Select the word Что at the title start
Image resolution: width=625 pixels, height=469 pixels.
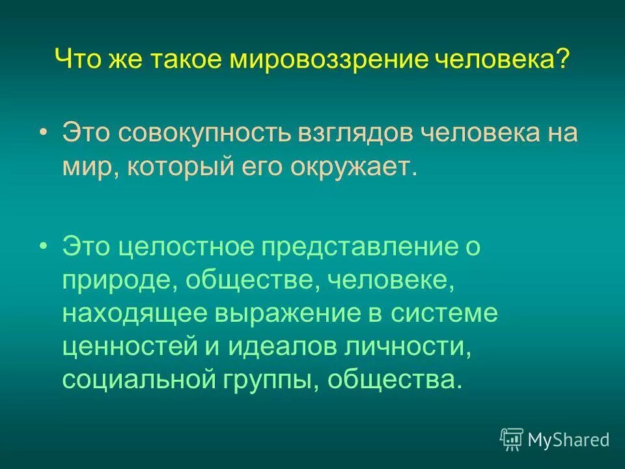77,61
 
